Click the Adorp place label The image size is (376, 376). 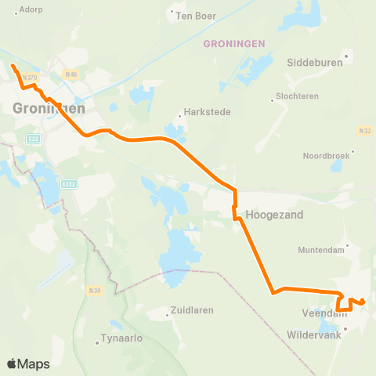[31, 9]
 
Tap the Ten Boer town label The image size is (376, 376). [196, 15]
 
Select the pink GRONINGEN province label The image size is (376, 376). [234, 44]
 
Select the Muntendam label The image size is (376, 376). [322, 250]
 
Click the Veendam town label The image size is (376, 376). [322, 313]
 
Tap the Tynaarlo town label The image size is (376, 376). [121, 341]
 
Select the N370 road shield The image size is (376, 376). [30, 77]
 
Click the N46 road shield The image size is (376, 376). [70, 75]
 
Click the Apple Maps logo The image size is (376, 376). [28, 363]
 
